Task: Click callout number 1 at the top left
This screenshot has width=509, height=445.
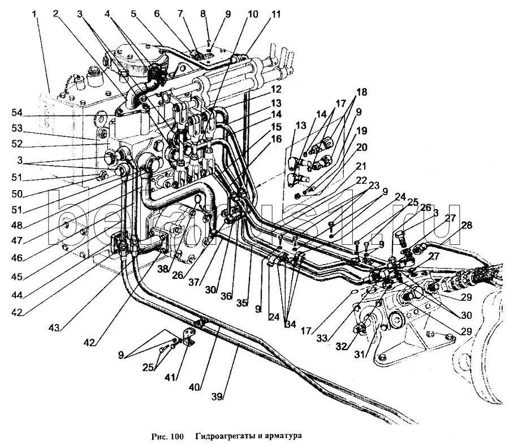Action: click(38, 13)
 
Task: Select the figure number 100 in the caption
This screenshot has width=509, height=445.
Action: click(177, 436)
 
